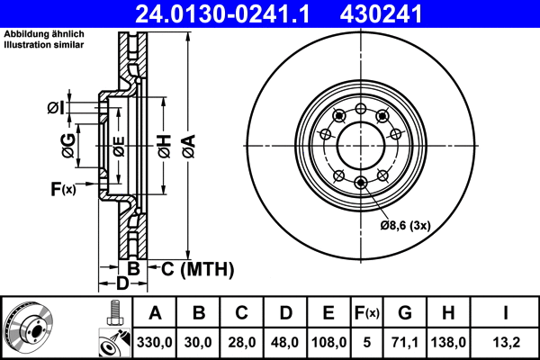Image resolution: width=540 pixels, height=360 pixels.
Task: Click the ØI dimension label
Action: pyautogui.click(x=55, y=109)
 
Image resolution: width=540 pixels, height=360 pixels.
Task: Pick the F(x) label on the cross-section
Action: pyautogui.click(x=62, y=189)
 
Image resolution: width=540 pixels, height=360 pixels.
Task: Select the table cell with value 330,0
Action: pyautogui.click(x=155, y=342)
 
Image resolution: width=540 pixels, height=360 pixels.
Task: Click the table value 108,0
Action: pyautogui.click(x=328, y=342)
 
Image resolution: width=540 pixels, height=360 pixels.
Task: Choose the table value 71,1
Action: pyautogui.click(x=405, y=342)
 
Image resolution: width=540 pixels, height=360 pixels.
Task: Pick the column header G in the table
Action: pyautogui.click(x=405, y=313)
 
